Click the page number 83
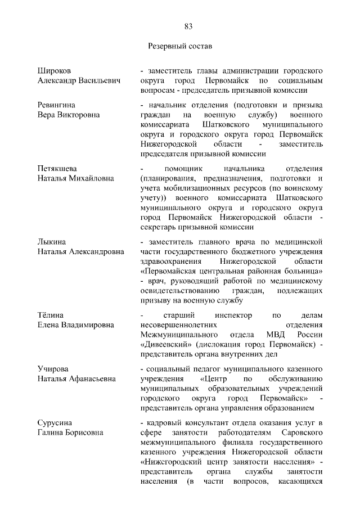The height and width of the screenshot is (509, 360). coord(188,26)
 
